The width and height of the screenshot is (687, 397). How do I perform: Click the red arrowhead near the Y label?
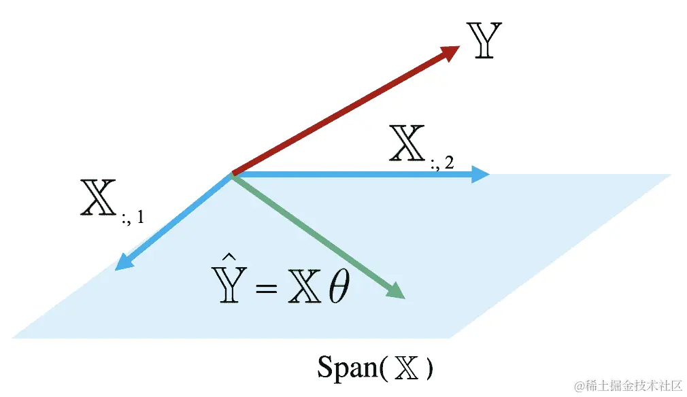pos(449,53)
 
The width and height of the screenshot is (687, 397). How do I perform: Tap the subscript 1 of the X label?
pos(139,219)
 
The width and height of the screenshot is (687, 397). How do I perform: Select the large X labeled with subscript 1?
pos(98,199)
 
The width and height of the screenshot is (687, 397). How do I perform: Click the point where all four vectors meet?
pos(233,175)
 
